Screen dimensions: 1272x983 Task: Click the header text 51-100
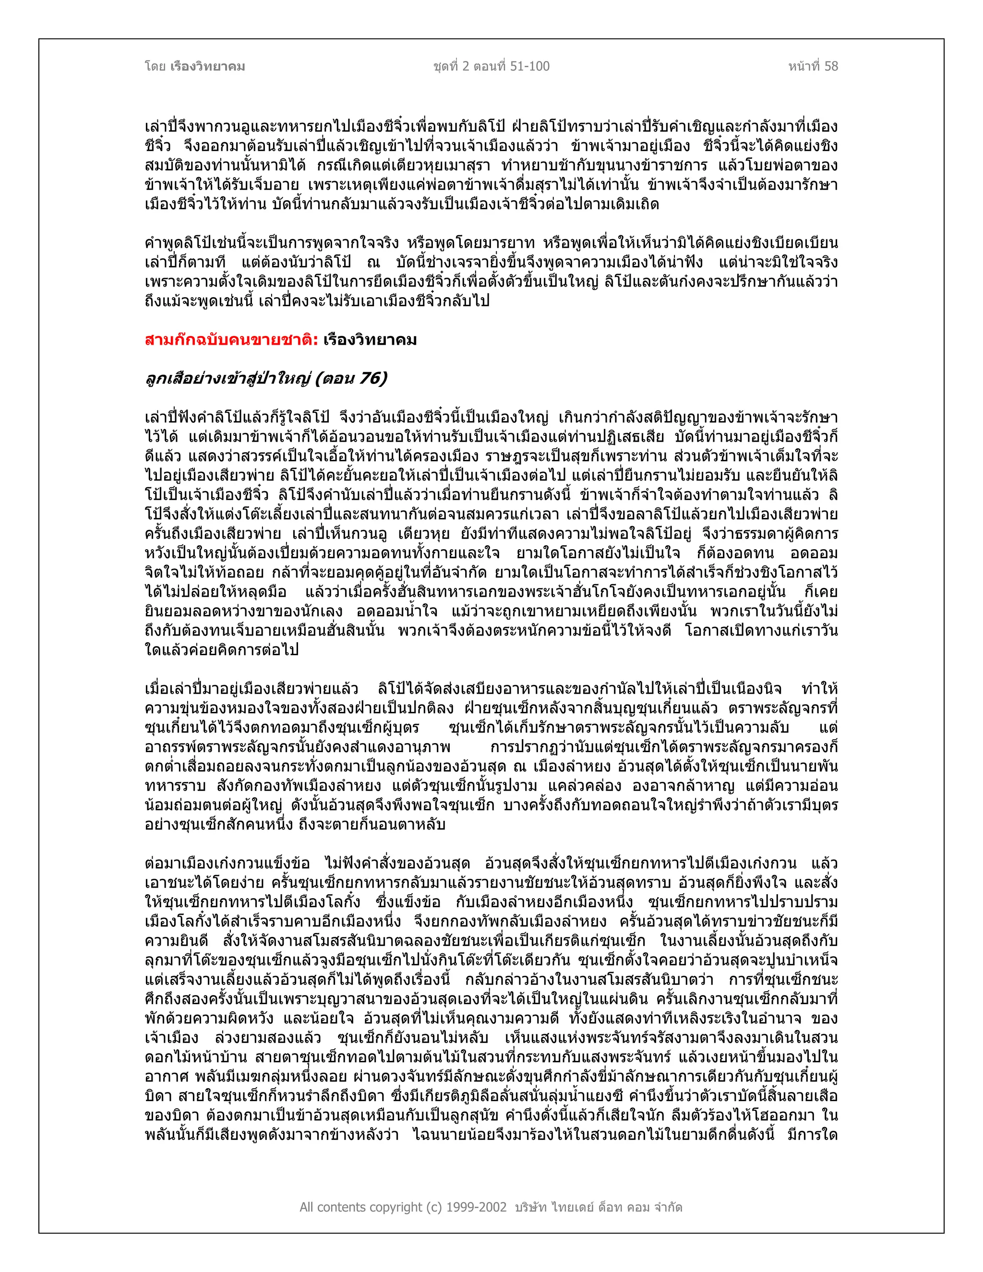pyautogui.click(x=530, y=66)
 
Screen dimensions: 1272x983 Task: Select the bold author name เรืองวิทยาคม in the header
pyautogui.click(x=208, y=66)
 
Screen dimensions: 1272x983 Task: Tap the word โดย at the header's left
pyautogui.click(x=156, y=66)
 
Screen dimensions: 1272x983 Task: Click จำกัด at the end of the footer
pyautogui.click(x=667, y=1207)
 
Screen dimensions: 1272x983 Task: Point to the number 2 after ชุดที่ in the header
pyautogui.click(x=465, y=66)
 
